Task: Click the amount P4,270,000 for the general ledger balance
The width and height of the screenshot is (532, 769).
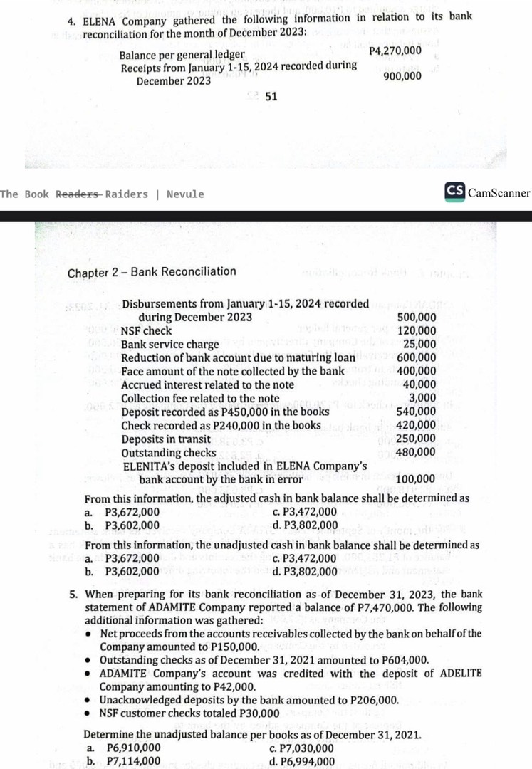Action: click(395, 51)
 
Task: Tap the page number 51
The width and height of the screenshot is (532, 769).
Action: click(271, 97)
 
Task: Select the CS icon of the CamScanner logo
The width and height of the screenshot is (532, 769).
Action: click(454, 192)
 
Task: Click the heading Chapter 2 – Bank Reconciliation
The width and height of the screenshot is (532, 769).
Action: click(152, 271)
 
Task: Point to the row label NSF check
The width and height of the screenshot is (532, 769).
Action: click(146, 331)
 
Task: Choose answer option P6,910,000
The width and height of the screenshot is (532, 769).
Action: click(132, 748)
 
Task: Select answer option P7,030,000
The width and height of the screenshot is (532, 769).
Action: click(307, 748)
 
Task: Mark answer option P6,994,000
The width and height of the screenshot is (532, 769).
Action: click(308, 761)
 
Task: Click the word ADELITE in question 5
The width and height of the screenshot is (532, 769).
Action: click(456, 673)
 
